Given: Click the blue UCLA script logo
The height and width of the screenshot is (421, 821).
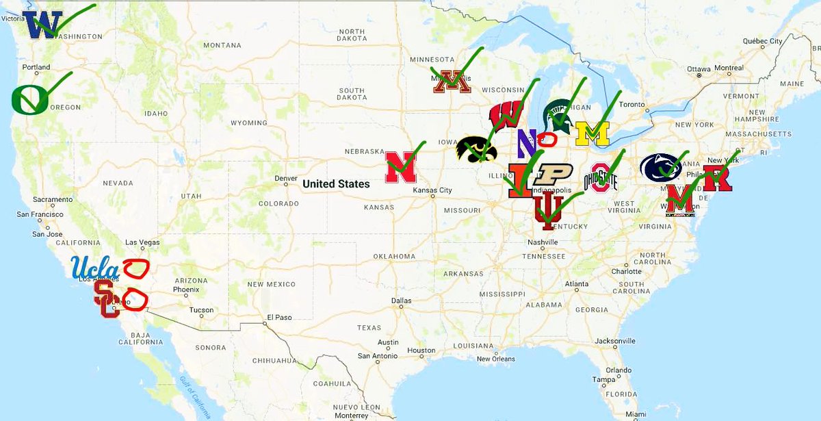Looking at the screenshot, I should click(x=96, y=266).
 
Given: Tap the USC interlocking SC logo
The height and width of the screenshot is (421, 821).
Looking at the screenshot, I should click(x=107, y=299).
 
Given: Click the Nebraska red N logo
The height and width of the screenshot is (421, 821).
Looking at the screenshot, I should click(x=401, y=168).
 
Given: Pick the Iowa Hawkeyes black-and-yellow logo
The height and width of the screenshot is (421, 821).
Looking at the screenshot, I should click(x=476, y=149).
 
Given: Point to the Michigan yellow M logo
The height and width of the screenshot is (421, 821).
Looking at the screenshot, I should click(x=592, y=133).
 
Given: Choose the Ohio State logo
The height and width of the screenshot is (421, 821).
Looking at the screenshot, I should click(x=600, y=178).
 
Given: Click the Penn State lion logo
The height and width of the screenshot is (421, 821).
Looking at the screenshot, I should click(x=660, y=166).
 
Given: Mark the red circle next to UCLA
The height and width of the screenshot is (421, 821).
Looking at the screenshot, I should click(x=135, y=268).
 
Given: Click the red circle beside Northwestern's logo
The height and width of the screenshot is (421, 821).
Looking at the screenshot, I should click(x=547, y=139).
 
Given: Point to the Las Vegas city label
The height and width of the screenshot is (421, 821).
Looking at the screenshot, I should click(x=142, y=242).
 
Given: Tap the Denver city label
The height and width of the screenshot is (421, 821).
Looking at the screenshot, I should click(x=285, y=179).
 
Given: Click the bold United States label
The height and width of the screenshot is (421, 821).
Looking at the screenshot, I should click(x=336, y=183).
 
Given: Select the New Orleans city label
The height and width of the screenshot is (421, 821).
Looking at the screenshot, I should click(x=495, y=359).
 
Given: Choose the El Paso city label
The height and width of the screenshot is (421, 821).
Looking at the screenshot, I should click(x=279, y=317).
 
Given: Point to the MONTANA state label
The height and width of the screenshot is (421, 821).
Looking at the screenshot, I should click(x=222, y=45).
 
